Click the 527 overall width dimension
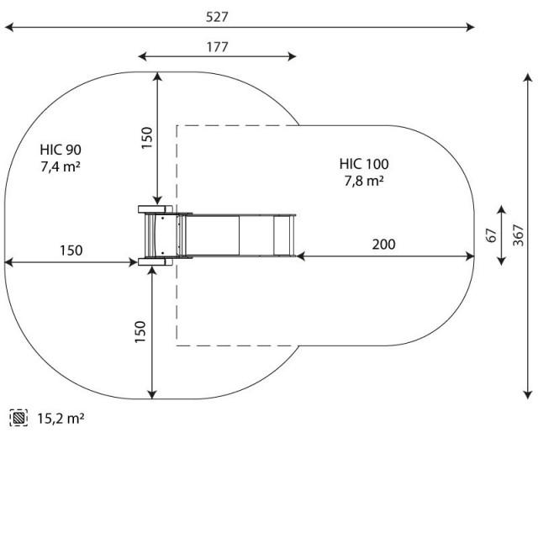point(217,17)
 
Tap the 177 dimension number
point(217,47)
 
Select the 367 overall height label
point(519,235)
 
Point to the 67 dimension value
point(492,235)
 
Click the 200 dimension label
point(383,245)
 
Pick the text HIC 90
point(61,150)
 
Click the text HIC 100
point(364,164)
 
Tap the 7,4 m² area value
point(61,166)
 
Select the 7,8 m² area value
point(364,181)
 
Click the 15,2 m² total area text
point(61,419)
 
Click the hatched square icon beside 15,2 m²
point(18,418)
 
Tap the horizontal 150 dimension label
point(71,251)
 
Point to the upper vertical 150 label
point(146,138)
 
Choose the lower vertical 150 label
point(140,332)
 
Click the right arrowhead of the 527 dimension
point(471,27)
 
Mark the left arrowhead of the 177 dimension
point(142,56)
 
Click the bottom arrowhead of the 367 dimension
point(528,395)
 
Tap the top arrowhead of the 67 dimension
point(501,209)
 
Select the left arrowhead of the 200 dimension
point(300,256)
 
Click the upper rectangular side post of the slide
point(155,209)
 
